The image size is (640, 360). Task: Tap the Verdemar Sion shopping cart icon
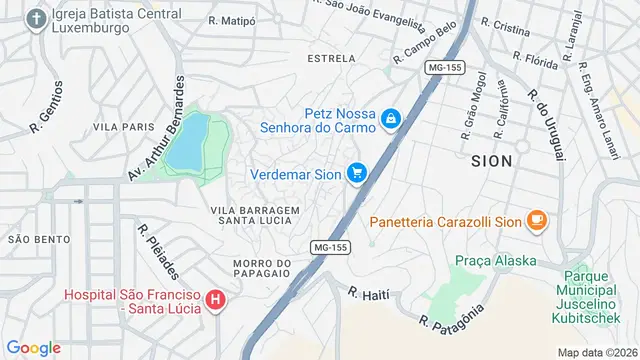pos(357,174)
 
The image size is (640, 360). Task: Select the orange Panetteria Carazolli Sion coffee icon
pos(537,221)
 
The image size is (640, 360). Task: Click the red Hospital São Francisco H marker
pos(216,300)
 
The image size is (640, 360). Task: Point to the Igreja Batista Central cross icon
pos(36,19)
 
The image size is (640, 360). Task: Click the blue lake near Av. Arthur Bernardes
pos(187,143)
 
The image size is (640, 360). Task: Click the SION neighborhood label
pos(491,160)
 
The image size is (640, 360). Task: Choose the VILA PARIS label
pos(123,127)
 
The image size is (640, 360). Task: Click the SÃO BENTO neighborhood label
pos(39,239)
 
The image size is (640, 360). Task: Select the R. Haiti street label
pos(367,294)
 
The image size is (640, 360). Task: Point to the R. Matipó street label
pos(233,20)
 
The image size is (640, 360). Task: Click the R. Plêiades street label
pos(158,252)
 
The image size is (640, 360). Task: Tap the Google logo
pos(33,347)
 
